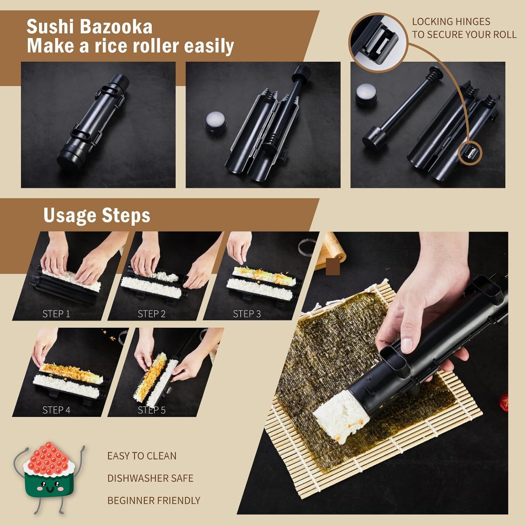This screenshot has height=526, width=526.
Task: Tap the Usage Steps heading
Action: pos(96,215)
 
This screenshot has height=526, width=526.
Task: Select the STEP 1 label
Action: pos(56,314)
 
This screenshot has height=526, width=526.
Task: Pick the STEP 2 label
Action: pos(151,314)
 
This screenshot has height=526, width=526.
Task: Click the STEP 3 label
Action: pos(247,314)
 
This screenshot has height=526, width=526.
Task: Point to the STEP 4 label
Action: pos(56,410)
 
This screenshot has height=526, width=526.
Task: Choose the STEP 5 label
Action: pos(151,410)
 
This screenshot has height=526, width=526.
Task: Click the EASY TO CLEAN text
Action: pos(142,456)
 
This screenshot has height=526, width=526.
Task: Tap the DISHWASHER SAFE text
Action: pos(150,478)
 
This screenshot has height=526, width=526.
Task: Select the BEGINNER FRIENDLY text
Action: pos(154,501)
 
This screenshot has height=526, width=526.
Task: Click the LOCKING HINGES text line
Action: pos(451,22)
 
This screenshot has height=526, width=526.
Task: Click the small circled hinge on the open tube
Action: pos(470,153)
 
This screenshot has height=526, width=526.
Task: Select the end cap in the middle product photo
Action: pos(215,121)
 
